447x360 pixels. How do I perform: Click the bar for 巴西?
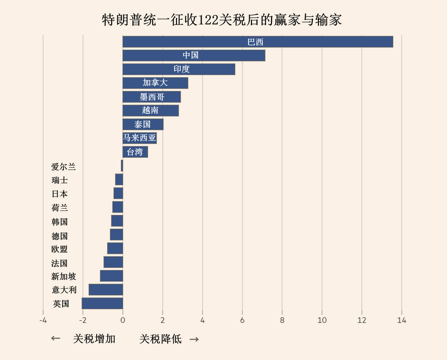pos(258,42)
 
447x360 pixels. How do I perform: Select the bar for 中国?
pos(194,55)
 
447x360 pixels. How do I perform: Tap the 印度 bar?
pos(179,69)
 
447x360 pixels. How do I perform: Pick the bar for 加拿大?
pos(155,83)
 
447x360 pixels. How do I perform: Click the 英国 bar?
pos(102,304)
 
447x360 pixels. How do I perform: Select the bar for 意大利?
pos(106,290)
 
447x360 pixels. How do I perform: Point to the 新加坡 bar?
pos(111,276)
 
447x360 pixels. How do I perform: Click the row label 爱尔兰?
pos(63,166)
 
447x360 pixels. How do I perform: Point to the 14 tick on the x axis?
pos(401,320)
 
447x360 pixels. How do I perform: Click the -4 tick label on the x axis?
pos(43,320)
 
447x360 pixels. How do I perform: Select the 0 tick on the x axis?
pos(123,320)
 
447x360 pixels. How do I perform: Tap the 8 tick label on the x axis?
pos(282,320)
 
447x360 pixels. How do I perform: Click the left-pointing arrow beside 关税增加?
pos(55,339)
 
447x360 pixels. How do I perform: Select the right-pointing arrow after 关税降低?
pos(194,339)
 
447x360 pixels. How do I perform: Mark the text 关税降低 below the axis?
pos(160,339)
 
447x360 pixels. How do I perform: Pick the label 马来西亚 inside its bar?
pos(140,138)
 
